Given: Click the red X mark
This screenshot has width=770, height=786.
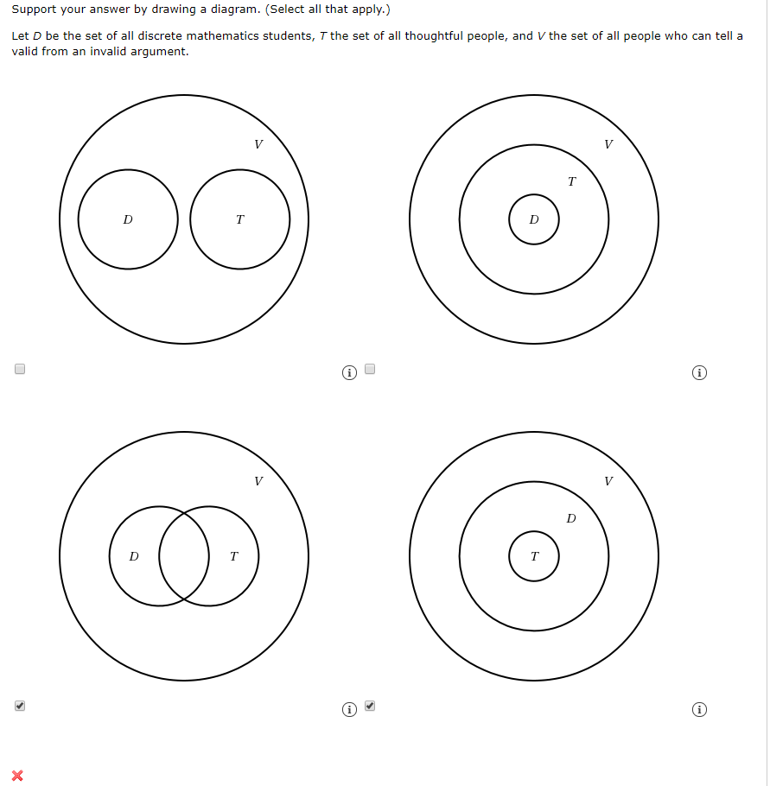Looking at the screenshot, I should tap(17, 775).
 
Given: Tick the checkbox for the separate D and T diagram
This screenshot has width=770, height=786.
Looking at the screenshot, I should tap(20, 369).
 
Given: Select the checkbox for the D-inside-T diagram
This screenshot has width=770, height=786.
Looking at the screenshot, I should tap(370, 369).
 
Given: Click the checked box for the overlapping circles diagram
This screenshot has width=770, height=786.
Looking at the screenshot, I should tap(20, 706).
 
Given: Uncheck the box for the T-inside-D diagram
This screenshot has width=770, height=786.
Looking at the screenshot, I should tap(370, 706).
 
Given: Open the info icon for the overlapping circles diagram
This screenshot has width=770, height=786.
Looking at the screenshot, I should tap(348, 710).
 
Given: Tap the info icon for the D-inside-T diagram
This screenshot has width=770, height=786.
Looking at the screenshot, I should tap(700, 373).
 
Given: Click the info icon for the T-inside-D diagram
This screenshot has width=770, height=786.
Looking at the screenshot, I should tap(700, 710).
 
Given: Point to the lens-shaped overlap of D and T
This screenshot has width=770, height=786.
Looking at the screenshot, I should tap(184, 556).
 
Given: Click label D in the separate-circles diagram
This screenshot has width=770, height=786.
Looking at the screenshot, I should tap(128, 220).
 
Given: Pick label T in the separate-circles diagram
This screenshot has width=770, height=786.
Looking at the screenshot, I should tap(239, 220).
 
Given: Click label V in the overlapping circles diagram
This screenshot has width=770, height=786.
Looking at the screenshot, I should tap(258, 481).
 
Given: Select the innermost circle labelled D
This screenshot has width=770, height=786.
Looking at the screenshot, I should tap(533, 219).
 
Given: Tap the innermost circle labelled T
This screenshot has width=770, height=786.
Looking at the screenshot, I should tap(533, 556).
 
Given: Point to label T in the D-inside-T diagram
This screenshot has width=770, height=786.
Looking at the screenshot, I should tap(571, 181).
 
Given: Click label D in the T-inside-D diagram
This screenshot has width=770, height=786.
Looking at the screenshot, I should tap(570, 518).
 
